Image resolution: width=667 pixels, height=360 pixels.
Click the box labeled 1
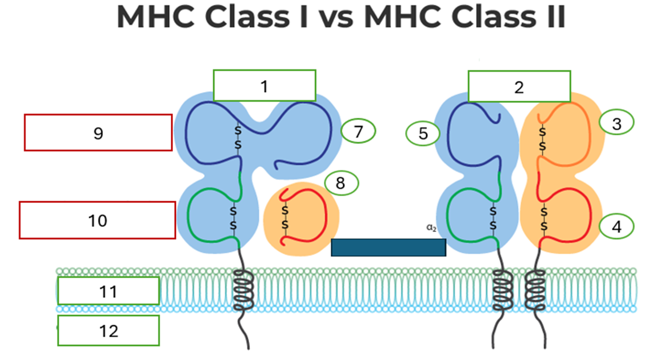click(x=264, y=86)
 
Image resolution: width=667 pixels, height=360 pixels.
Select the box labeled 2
click(x=519, y=87)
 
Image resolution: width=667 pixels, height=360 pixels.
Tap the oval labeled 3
click(x=617, y=122)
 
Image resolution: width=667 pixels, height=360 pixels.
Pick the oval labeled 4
click(x=617, y=227)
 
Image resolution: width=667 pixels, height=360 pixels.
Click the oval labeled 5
click(x=423, y=134)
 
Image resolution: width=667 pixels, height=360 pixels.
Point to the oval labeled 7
click(x=359, y=131)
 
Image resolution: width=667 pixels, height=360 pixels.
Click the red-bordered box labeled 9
click(x=98, y=133)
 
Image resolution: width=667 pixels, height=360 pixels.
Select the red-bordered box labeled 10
click(x=97, y=220)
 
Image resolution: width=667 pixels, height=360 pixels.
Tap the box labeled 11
click(x=108, y=291)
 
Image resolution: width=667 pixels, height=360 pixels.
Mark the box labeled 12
click(x=108, y=330)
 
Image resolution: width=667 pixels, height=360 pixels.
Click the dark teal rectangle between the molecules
click(x=388, y=247)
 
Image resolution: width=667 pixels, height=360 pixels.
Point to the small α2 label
click(x=431, y=227)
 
